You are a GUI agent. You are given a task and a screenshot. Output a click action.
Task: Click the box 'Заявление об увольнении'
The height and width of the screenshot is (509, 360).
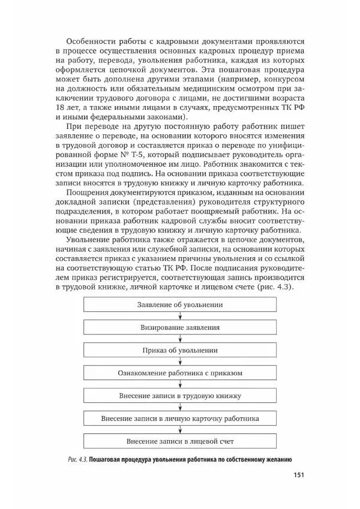point(180,305)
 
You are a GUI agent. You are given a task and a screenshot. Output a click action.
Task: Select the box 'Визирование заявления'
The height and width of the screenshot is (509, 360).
point(180,327)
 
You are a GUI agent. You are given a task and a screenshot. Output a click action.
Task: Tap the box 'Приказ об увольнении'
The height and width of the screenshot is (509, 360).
point(180,350)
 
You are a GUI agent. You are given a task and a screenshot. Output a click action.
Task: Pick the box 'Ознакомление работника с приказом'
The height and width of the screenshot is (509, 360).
point(180,373)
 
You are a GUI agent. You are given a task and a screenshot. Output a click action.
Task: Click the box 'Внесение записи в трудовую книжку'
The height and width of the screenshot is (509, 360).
point(180,396)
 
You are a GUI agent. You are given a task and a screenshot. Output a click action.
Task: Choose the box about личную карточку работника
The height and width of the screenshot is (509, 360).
point(180,418)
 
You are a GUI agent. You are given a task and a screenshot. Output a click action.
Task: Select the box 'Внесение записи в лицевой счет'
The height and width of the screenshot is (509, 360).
point(180,441)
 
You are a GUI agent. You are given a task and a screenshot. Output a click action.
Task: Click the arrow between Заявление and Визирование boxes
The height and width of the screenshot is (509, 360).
point(180,316)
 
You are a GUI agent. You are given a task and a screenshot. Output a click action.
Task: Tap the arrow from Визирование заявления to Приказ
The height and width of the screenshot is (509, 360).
point(180,339)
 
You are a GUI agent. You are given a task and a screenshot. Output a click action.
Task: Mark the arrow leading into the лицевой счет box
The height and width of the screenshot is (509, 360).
point(180,430)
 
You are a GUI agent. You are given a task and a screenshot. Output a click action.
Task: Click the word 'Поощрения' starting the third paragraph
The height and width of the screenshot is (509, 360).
point(85,201)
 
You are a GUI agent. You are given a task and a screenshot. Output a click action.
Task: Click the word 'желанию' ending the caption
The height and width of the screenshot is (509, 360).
point(275,459)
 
